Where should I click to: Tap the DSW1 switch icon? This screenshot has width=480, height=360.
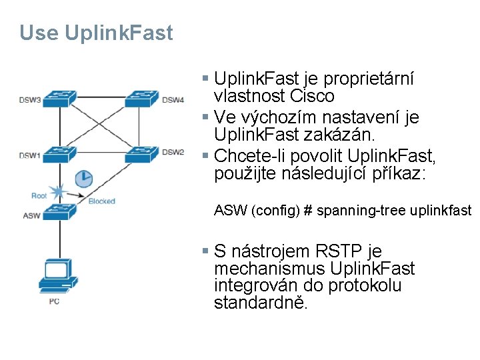coord(59,154)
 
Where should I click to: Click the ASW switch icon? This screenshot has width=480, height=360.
coord(59,214)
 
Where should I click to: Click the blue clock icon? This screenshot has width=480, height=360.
coord(84,178)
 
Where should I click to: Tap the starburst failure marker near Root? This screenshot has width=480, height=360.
coord(59,193)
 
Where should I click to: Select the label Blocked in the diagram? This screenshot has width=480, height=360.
coord(101,201)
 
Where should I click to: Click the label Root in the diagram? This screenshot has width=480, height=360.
coord(39,195)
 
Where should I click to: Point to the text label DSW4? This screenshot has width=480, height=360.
coord(173,100)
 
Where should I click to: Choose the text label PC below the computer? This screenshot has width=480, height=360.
coord(55,301)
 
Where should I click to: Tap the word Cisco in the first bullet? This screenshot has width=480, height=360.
coord(312,97)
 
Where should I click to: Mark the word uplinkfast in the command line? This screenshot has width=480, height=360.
coord(441,211)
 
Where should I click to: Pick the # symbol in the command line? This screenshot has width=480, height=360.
coord(308,211)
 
